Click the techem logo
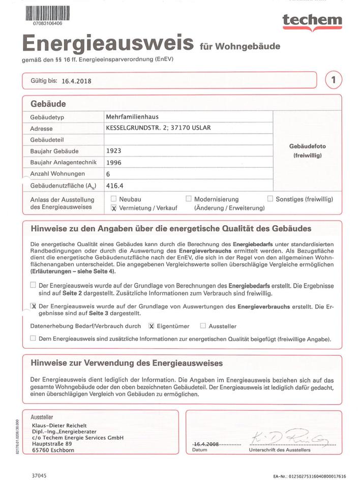(x=312, y=20)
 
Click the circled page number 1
(x=333, y=80)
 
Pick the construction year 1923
(x=113, y=150)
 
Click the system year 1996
(x=113, y=162)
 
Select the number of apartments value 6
(x=108, y=174)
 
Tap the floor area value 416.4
(x=114, y=186)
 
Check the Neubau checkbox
(x=114, y=199)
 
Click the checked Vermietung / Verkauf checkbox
(x=114, y=208)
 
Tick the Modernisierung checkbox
(x=189, y=199)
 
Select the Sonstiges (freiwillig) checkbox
(x=270, y=199)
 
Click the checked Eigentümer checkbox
(x=151, y=326)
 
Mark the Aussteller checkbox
(x=203, y=326)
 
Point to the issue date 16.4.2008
(x=205, y=444)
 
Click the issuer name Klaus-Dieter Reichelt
(x=59, y=425)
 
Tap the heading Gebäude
(x=48, y=104)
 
